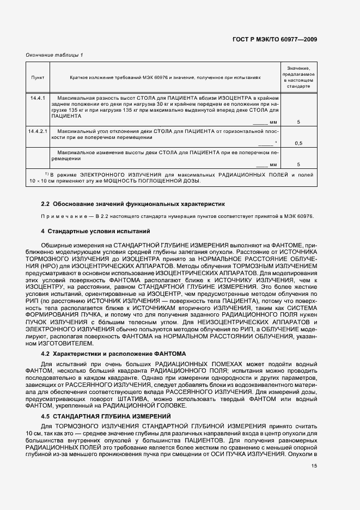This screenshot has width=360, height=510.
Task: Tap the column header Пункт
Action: tap(38, 77)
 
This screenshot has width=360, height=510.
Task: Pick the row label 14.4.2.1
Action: tap(38, 131)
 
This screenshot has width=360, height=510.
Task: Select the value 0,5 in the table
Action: tap(298, 143)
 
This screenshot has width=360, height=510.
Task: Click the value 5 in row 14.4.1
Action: tap(298, 122)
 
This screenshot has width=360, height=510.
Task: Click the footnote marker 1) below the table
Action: tap(47, 174)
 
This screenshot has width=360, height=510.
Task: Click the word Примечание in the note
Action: tap(64, 216)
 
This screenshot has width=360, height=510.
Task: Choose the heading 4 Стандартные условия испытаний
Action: tap(95, 232)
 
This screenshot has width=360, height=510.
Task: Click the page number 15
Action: tap(314, 465)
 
